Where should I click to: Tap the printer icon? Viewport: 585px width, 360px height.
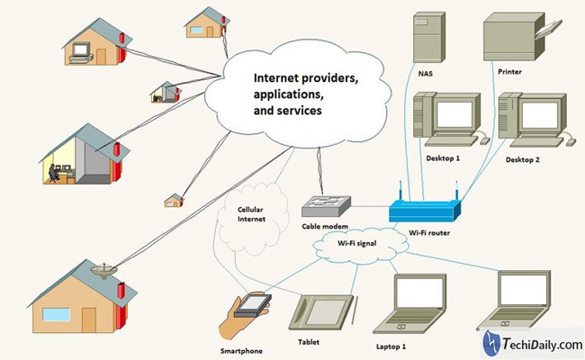tap(516, 37)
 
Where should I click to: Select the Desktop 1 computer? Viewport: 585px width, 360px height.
tap(448, 121)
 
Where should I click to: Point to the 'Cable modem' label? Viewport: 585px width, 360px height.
tap(327, 228)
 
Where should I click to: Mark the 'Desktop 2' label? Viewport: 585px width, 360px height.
tap(525, 160)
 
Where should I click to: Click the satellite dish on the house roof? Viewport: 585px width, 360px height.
tap(101, 269)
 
